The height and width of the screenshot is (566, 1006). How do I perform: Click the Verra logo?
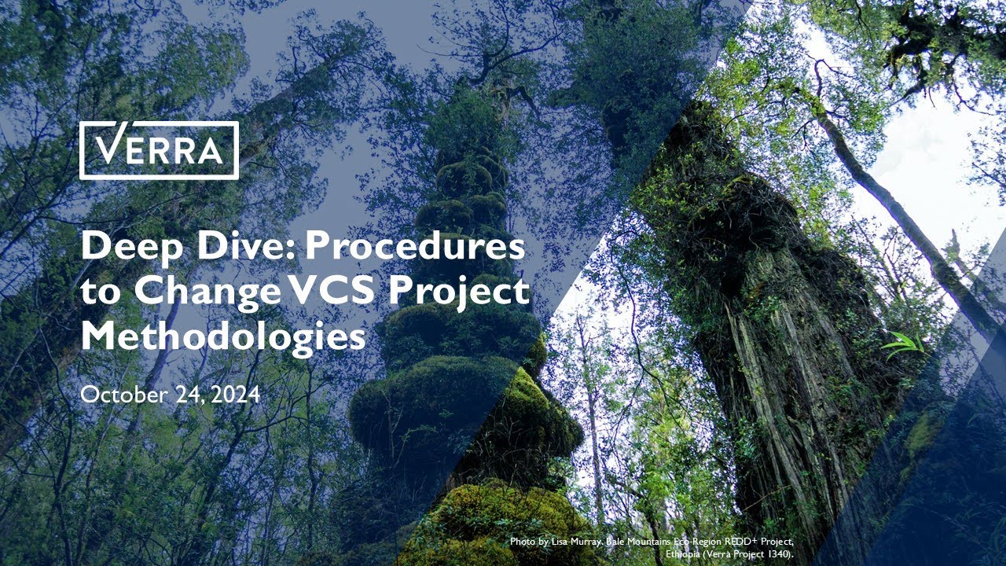tap(159, 150)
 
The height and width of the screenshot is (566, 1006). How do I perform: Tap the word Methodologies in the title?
tap(223, 336)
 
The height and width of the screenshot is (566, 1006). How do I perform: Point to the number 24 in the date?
tap(184, 395)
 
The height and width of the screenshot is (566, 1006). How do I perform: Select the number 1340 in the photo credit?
tap(773, 554)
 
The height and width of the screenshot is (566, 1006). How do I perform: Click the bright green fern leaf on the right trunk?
tap(904, 344)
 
